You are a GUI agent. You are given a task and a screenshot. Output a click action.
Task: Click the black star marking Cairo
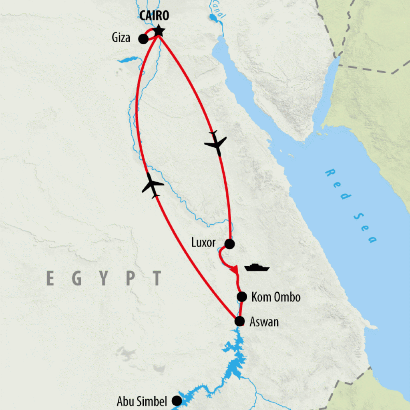tap(159, 30)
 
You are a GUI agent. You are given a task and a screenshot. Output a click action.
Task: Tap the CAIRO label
tap(154, 16)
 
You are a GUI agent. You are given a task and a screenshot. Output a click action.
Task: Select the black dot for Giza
tap(143, 39)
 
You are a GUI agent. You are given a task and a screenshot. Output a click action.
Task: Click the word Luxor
tap(204, 243)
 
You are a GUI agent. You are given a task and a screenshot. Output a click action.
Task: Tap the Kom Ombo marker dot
tap(241, 297)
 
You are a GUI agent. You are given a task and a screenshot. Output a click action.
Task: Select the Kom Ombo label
tap(275, 297)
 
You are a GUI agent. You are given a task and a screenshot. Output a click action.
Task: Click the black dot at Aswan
tap(239, 321)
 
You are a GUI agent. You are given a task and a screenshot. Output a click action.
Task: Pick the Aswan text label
tap(264, 322)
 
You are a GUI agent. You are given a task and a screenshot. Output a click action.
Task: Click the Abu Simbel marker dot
tap(176, 400)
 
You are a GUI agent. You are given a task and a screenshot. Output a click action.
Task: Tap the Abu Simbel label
tap(142, 401)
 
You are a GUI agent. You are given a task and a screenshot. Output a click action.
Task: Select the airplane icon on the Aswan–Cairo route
tap(153, 185)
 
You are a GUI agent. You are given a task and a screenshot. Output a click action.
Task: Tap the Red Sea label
tap(351, 206)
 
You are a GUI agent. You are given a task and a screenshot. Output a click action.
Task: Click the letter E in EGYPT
tap(50, 278)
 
